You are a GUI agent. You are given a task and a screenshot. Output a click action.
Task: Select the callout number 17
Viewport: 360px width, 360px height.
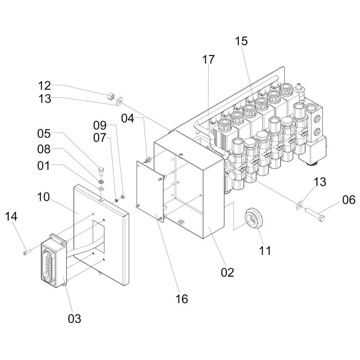(x=208, y=60)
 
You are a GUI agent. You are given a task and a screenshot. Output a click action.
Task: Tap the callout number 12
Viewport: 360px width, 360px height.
(x=45, y=86)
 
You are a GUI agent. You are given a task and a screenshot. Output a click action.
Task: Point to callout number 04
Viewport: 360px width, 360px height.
(x=128, y=118)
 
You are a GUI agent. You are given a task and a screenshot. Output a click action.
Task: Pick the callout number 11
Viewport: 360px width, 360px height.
(x=265, y=251)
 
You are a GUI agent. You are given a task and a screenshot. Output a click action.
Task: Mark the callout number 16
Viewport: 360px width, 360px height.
(x=182, y=298)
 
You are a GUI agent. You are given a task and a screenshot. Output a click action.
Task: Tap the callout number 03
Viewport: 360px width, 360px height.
(x=75, y=318)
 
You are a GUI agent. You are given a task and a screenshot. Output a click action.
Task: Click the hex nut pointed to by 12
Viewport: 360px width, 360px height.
(x=111, y=96)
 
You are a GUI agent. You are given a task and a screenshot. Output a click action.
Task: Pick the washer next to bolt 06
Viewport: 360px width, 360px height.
(x=299, y=206)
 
